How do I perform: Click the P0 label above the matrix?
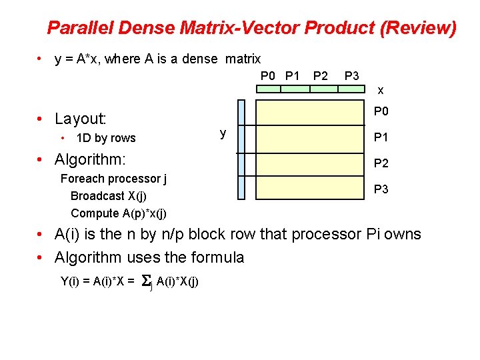267,75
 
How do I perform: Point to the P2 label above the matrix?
320,75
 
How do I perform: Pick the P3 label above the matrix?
351,75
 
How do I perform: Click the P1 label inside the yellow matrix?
381,138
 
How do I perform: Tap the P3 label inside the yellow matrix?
381,189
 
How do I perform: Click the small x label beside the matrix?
381,90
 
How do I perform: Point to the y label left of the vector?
223,133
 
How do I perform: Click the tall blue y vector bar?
241,149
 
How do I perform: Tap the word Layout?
81,119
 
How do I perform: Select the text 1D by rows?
106,139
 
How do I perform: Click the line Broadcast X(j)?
109,196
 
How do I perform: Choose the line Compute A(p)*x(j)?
119,213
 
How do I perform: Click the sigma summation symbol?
147,282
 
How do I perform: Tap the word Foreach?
81,179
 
